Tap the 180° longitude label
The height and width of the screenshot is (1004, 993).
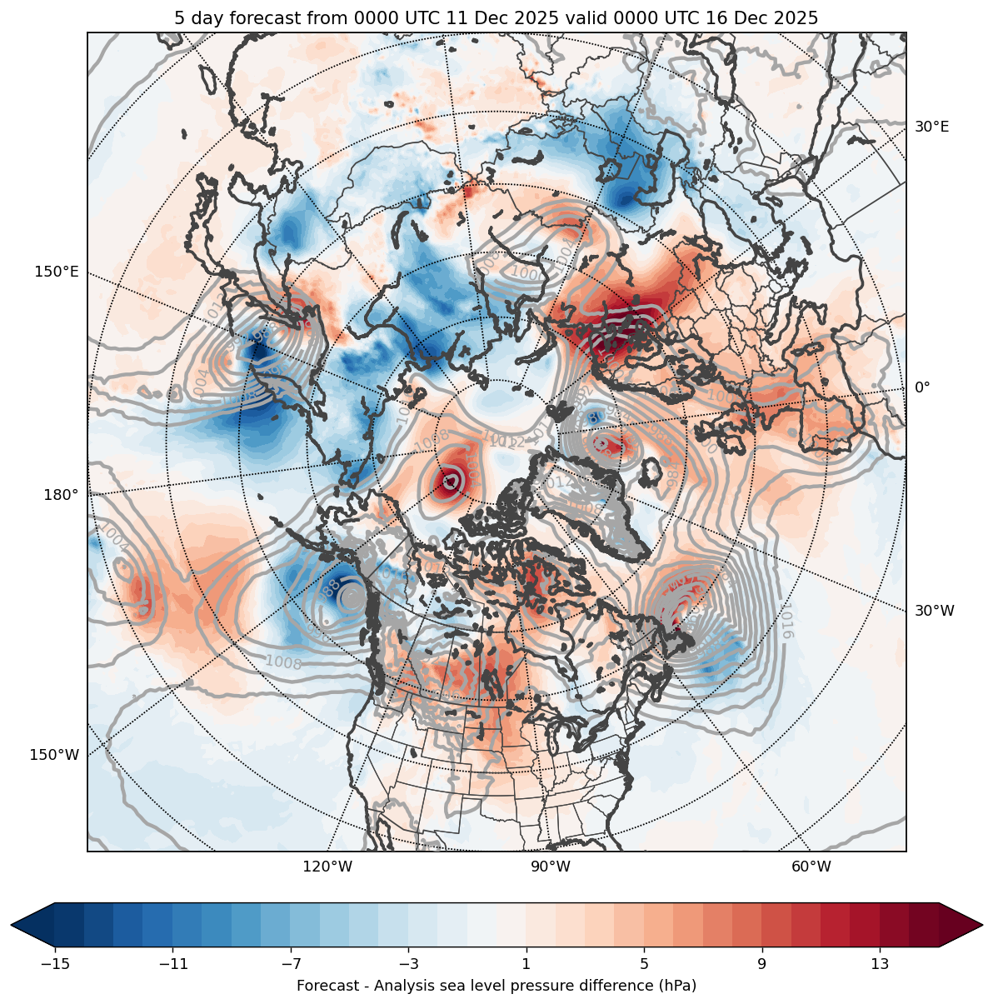[61, 495]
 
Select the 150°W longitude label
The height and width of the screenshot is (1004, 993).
[55, 755]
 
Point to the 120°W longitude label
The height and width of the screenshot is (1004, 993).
[327, 867]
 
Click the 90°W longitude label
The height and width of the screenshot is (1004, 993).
[550, 867]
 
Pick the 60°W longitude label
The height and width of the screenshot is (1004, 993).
[811, 867]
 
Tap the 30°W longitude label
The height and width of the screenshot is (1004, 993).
[935, 611]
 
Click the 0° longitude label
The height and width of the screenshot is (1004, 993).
[922, 387]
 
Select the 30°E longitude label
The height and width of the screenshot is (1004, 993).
[932, 127]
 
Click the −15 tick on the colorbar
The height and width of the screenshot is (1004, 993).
[55, 964]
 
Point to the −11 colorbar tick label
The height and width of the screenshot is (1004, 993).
[172, 964]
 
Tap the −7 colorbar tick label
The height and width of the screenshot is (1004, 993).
[290, 964]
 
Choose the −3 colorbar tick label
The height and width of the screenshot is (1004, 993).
[407, 964]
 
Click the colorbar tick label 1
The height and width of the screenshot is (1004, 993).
[526, 964]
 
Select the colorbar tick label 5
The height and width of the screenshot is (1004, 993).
[644, 964]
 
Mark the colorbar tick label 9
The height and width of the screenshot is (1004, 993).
[761, 964]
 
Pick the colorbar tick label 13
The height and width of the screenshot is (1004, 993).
[880, 964]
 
